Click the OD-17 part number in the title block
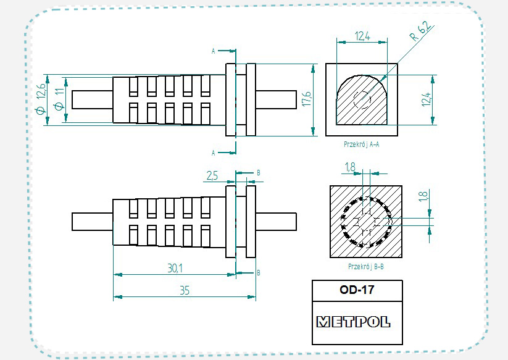[357, 289]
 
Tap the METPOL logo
[353, 322]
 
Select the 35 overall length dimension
[184, 290]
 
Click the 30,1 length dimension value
[175, 267]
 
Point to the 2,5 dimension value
[211, 176]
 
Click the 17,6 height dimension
[306, 99]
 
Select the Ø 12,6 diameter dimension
[41, 99]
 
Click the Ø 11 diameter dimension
[59, 99]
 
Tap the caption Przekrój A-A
[361, 144]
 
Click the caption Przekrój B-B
[365, 267]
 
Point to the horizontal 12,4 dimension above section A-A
[362, 36]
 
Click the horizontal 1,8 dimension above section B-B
[350, 167]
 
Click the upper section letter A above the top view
[213, 51]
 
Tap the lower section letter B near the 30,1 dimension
[258, 272]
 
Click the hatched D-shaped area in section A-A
[352, 108]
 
